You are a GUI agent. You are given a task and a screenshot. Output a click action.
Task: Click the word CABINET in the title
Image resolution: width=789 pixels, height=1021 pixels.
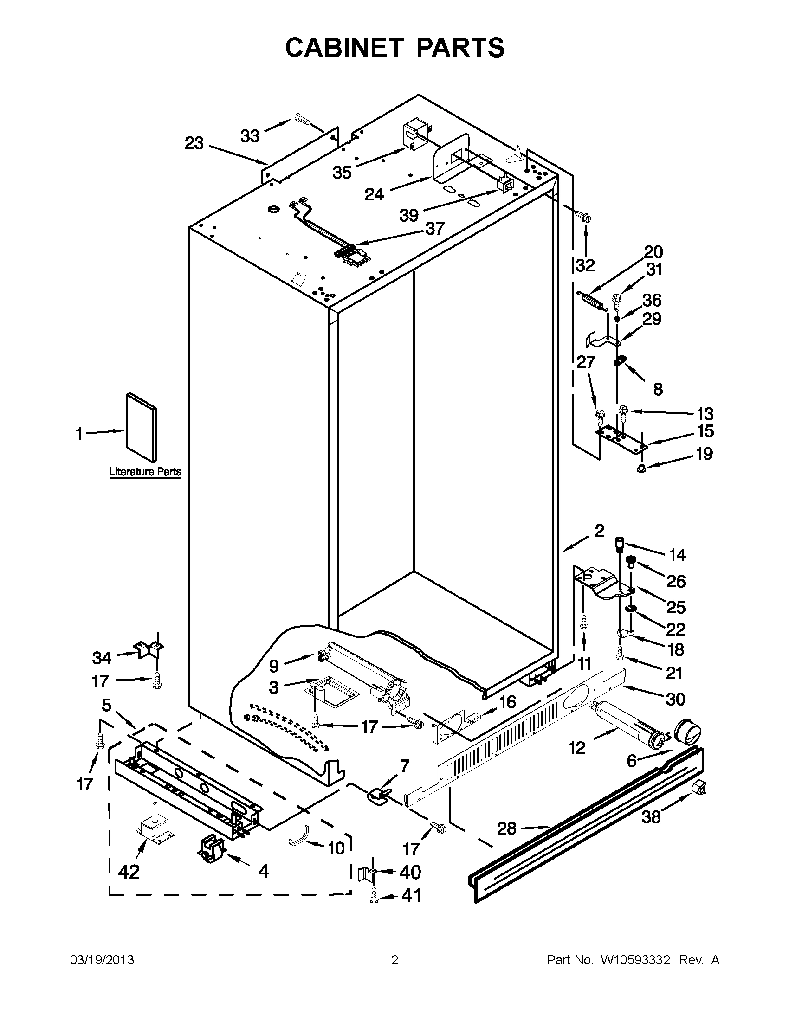[344, 47]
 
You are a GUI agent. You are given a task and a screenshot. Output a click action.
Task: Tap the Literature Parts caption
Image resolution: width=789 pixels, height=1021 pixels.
[145, 472]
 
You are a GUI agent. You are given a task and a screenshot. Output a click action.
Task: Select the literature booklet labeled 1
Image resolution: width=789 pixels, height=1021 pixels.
[141, 427]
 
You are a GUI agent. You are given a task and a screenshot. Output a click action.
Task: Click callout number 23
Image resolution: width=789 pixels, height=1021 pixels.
[194, 143]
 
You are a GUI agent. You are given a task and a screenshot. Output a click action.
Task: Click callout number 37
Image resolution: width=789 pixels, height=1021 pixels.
[434, 229]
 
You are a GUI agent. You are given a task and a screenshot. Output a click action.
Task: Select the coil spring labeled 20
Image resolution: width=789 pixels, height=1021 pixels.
[592, 299]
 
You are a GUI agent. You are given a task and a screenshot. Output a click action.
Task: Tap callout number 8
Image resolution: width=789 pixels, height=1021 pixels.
[658, 388]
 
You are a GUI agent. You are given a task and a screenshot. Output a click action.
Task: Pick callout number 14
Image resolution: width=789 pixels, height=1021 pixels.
[677, 555]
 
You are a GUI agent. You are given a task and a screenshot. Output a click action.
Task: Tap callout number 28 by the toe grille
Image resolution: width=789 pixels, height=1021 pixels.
[506, 828]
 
